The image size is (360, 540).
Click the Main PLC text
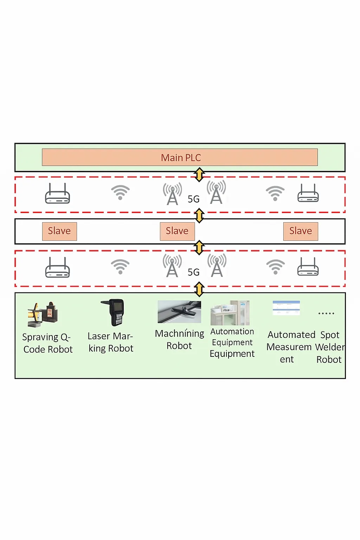181,157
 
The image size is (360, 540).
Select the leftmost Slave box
59,231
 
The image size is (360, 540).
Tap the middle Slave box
177,231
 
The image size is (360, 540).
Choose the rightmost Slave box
301,231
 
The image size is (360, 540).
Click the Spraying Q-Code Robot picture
43,314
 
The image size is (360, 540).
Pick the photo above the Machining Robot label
179,311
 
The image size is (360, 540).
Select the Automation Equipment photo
230,313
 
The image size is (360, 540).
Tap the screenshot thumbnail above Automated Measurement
286,308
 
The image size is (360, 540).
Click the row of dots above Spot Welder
326,313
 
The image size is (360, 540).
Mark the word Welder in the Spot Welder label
330,347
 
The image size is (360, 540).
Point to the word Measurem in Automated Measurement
289,347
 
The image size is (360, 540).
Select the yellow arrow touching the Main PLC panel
199,174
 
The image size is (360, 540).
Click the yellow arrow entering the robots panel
199,290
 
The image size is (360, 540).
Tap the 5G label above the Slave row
194,199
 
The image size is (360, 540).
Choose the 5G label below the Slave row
194,272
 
